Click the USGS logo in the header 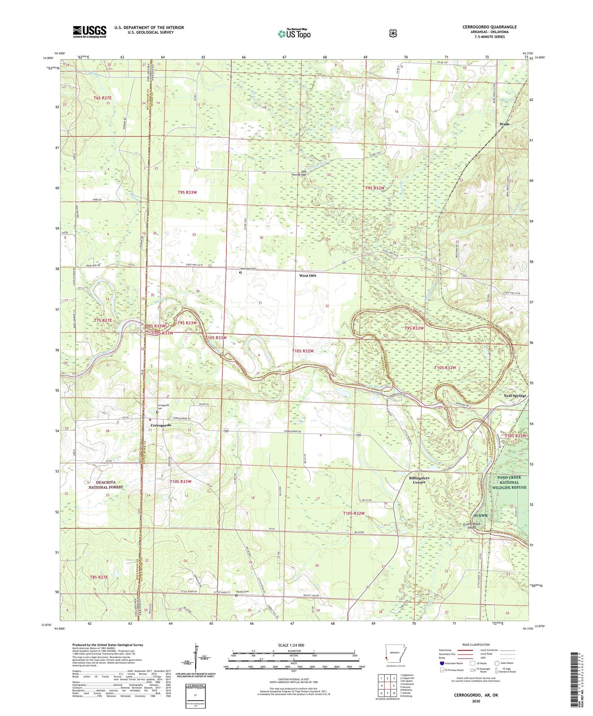89,32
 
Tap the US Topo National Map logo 294,34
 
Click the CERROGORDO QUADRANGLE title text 489,27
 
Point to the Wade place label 504,124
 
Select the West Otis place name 307,275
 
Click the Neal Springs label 515,395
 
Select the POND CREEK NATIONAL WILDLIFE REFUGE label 509,482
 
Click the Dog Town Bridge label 299,173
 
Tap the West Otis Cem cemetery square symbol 240,272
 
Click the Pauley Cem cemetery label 242,591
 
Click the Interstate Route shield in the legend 442,663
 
